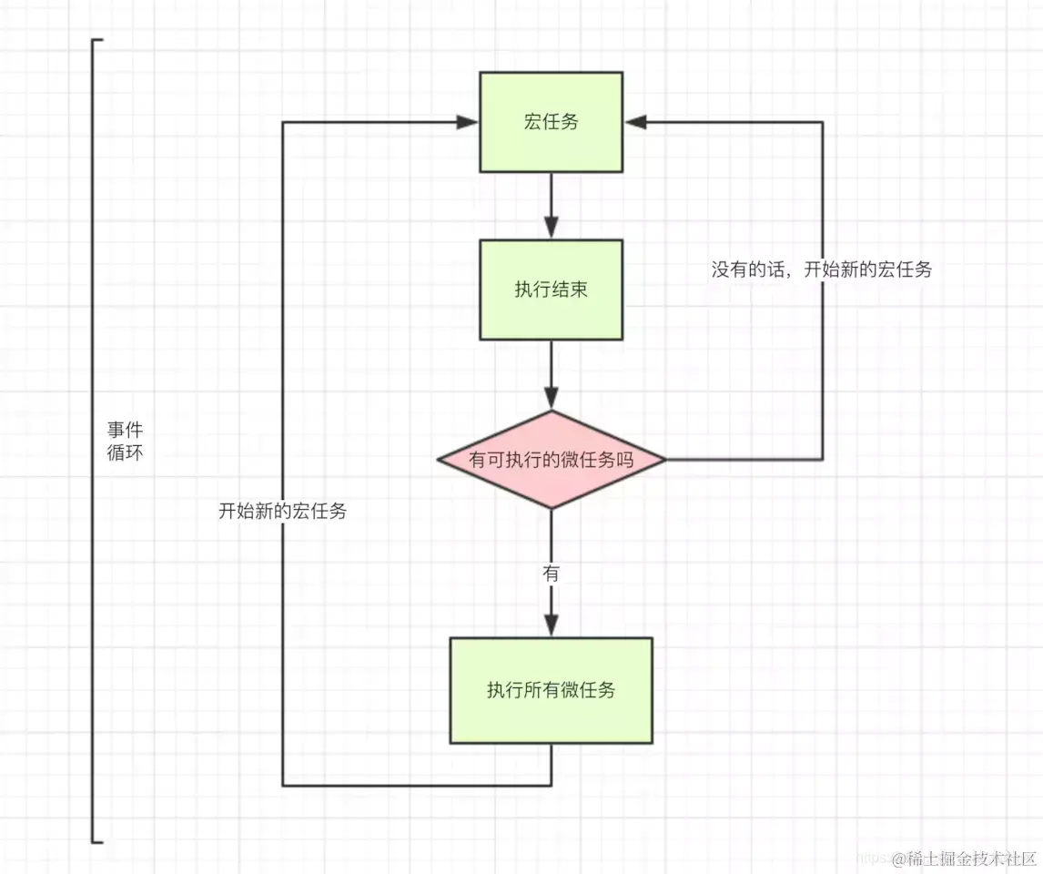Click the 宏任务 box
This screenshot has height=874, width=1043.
pyautogui.click(x=551, y=122)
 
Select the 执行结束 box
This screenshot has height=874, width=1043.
pyautogui.click(x=551, y=290)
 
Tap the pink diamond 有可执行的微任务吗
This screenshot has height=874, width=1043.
pyautogui.click(x=551, y=460)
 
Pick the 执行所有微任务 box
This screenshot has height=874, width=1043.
pyautogui.click(x=551, y=690)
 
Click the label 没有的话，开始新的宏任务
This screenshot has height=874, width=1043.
pyautogui.click(x=821, y=269)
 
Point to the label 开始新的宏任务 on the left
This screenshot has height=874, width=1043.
pyautogui.click(x=282, y=511)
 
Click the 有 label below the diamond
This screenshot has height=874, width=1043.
pyautogui.click(x=551, y=574)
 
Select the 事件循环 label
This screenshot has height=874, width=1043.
pyautogui.click(x=125, y=441)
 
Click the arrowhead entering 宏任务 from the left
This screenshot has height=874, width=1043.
pyautogui.click(x=470, y=122)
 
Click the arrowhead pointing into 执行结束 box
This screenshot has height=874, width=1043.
pyautogui.click(x=551, y=229)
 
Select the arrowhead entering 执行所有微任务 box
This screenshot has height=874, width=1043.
pyautogui.click(x=551, y=626)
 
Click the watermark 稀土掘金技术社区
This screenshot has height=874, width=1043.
pyautogui.click(x=964, y=858)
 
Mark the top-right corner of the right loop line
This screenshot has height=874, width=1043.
pyautogui.click(x=823, y=122)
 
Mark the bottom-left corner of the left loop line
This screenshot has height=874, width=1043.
pyautogui.click(x=283, y=784)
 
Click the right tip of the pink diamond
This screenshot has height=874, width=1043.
pyautogui.click(x=664, y=460)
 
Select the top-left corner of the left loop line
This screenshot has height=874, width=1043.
pyautogui.click(x=283, y=122)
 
